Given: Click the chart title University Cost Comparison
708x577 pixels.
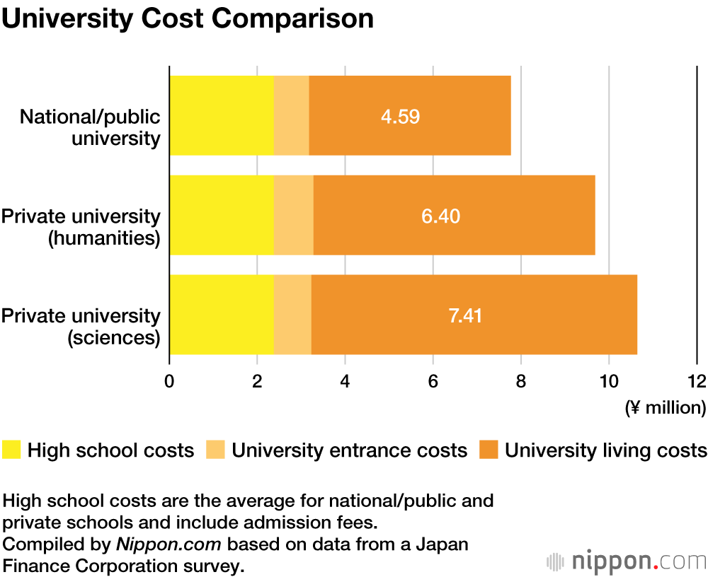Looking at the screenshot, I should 188,19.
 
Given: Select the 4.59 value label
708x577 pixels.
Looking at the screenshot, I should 400,116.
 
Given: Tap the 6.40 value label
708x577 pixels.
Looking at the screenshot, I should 440,216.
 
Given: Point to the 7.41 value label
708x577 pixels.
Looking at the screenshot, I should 465,315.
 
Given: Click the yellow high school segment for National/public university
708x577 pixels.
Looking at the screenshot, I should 222,116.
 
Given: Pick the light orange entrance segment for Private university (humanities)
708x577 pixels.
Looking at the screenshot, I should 294,216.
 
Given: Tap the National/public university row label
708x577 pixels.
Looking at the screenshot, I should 90,127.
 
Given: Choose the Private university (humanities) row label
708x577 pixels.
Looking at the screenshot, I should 81,226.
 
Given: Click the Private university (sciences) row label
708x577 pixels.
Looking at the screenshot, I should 81,326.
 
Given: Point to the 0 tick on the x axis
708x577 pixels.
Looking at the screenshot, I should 169,381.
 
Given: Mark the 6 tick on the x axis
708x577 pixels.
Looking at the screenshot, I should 433,381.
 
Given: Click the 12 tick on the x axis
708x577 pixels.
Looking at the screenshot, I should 697,381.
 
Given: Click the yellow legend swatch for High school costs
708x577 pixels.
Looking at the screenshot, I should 12,450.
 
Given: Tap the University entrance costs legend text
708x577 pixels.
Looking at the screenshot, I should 350,450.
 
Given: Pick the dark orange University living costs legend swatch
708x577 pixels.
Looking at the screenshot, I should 489,450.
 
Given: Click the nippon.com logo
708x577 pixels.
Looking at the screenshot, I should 626,561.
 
